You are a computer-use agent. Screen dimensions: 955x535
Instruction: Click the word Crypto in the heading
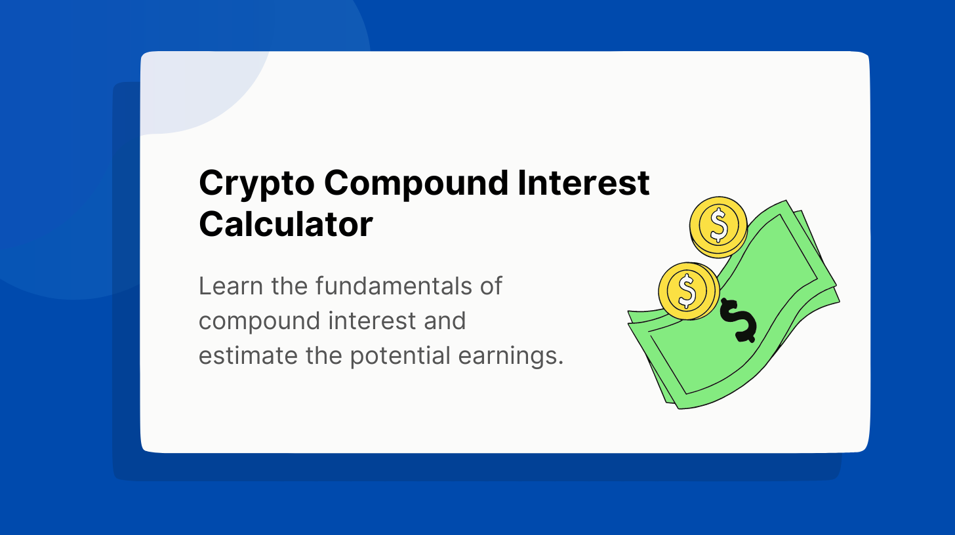pos(256,184)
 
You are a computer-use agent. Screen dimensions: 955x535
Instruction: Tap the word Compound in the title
pos(416,184)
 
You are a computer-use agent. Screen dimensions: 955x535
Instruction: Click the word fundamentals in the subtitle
pos(394,286)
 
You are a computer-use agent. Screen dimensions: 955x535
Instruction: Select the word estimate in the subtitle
pos(248,356)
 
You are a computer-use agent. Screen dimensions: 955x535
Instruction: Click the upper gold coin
pos(718,227)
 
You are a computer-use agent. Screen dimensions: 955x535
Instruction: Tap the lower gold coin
pos(689,290)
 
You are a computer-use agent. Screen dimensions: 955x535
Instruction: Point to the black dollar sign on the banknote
pos(738,321)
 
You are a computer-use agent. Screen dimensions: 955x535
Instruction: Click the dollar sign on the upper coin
pos(719,225)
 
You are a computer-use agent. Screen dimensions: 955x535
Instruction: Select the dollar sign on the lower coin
pos(687,290)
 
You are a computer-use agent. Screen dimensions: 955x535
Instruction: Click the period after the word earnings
pos(561,364)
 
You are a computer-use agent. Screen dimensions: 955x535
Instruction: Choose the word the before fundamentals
pos(289,286)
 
